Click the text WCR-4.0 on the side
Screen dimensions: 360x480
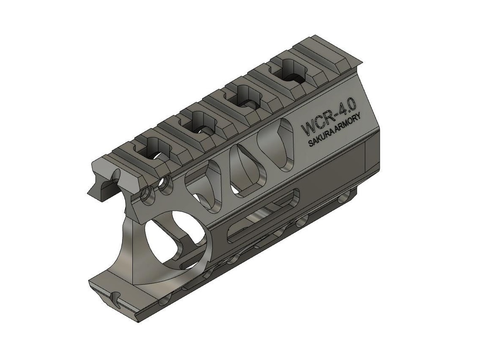(329, 120)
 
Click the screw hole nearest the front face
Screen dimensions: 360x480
(147, 194)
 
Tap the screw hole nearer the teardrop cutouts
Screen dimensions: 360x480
(165, 186)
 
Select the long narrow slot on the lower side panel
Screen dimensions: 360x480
(262, 215)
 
